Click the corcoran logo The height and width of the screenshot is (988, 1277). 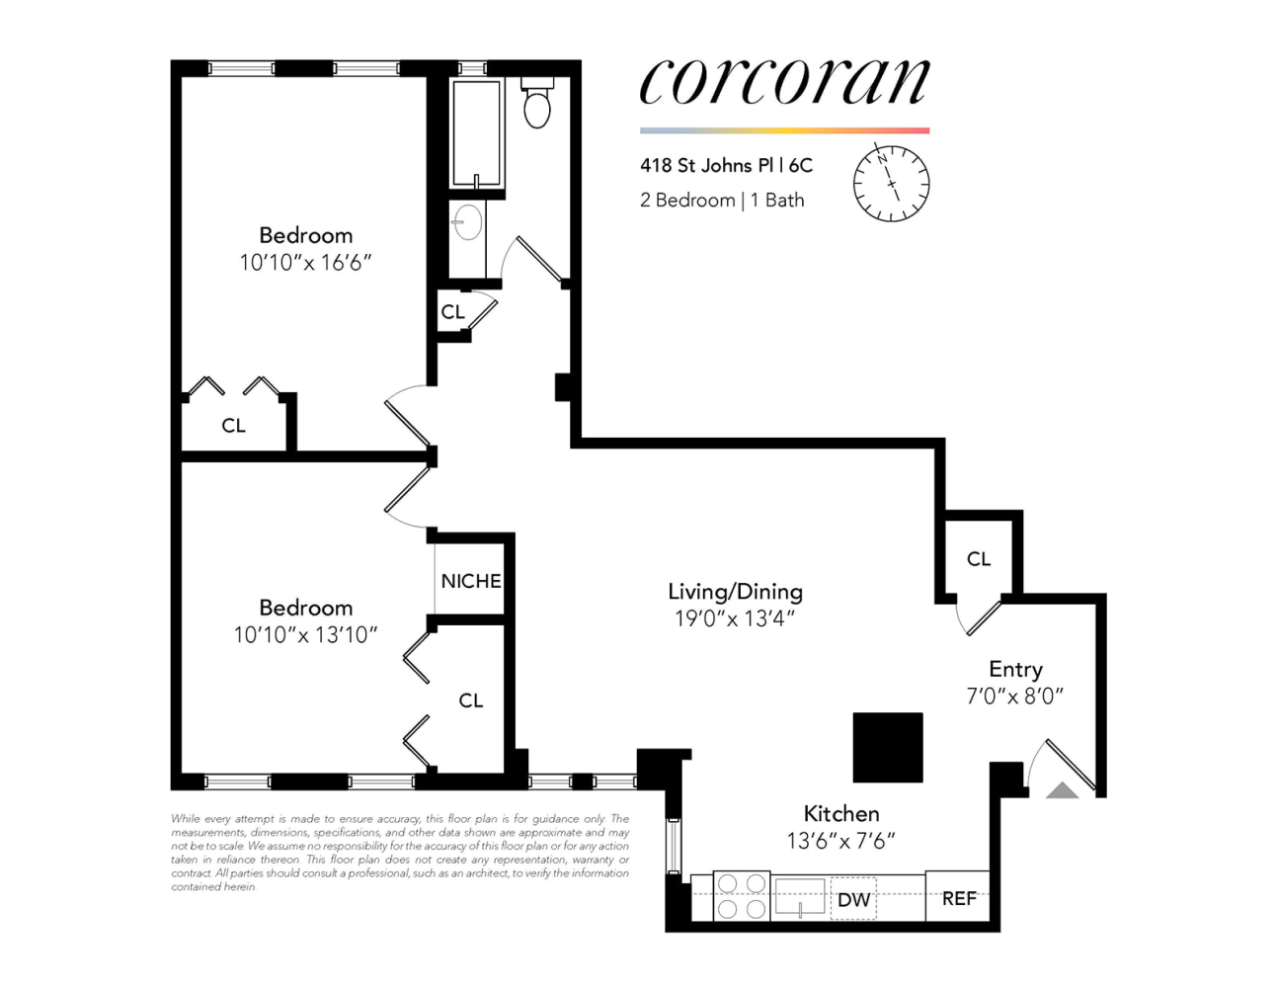pyautogui.click(x=784, y=82)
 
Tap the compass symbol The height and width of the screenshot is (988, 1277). pyautogui.click(x=891, y=183)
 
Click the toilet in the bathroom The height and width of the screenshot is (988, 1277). pyautogui.click(x=536, y=103)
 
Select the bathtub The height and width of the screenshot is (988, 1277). pyautogui.click(x=477, y=132)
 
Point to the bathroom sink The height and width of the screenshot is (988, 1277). pyautogui.click(x=468, y=222)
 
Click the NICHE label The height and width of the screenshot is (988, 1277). pyautogui.click(x=471, y=581)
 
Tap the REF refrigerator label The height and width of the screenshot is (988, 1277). pyautogui.click(x=959, y=898)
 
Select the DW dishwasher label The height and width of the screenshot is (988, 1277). pyautogui.click(x=853, y=899)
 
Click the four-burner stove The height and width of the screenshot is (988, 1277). pyautogui.click(x=742, y=896)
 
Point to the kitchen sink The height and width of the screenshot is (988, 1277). pyautogui.click(x=800, y=896)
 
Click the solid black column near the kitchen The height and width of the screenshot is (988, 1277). pyautogui.click(x=887, y=747)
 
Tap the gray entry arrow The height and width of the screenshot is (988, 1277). pyautogui.click(x=1062, y=790)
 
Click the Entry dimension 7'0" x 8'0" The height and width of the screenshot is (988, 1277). pyautogui.click(x=1015, y=697)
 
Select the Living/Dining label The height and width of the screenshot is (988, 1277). pyautogui.click(x=735, y=591)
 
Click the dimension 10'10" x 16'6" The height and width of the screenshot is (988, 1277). pyautogui.click(x=305, y=262)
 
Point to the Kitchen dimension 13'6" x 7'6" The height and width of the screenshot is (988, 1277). pyautogui.click(x=840, y=841)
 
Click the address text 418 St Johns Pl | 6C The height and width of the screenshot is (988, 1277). pyautogui.click(x=726, y=166)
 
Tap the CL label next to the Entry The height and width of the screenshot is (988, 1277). pyautogui.click(x=979, y=558)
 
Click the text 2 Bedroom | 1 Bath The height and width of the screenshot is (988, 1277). pyautogui.click(x=722, y=200)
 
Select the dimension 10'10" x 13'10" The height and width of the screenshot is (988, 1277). pyautogui.click(x=305, y=634)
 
